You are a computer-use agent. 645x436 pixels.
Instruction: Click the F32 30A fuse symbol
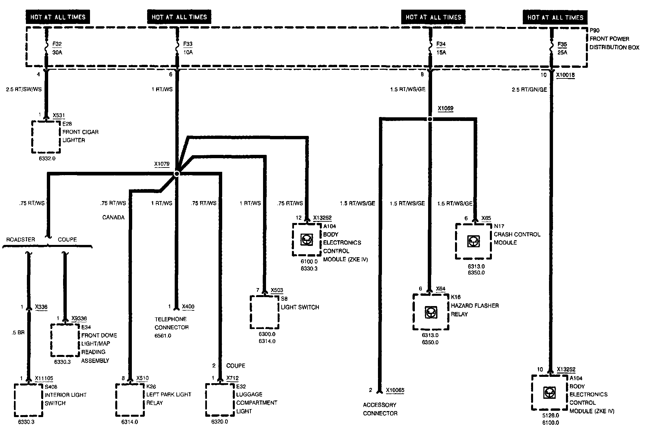(46, 48)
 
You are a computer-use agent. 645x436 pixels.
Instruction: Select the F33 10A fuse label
(188, 48)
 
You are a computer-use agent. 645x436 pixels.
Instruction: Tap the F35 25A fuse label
(562, 48)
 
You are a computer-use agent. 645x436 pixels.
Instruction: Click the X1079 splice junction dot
(177, 173)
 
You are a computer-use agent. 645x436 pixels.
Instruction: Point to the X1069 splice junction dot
(430, 119)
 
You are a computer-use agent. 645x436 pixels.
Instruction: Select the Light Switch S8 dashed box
(264, 312)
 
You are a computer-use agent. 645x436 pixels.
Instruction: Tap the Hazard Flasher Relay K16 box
(431, 312)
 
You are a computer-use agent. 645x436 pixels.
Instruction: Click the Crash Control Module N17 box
(473, 241)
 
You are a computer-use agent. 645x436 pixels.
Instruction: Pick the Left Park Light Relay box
(130, 400)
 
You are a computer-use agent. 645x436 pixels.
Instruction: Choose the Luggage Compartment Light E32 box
(220, 400)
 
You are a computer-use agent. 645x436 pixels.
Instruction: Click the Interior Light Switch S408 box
(29, 400)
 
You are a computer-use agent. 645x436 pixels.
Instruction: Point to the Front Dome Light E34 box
(65, 340)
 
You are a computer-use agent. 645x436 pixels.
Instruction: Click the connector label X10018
(565, 75)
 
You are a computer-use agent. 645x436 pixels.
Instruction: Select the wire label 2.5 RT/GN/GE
(529, 90)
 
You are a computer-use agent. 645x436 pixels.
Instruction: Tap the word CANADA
(113, 217)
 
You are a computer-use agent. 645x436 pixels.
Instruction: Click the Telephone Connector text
(171, 323)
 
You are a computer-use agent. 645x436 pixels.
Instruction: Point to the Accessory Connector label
(380, 409)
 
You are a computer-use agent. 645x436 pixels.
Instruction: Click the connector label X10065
(395, 390)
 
